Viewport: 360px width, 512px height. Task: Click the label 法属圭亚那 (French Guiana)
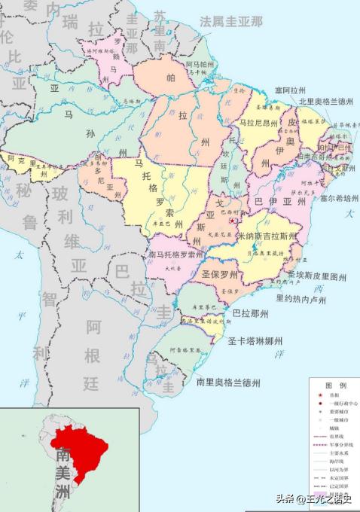[231, 20]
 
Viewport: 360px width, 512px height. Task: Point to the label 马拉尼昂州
[258, 120]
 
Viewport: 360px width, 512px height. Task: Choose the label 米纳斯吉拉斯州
[267, 236]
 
